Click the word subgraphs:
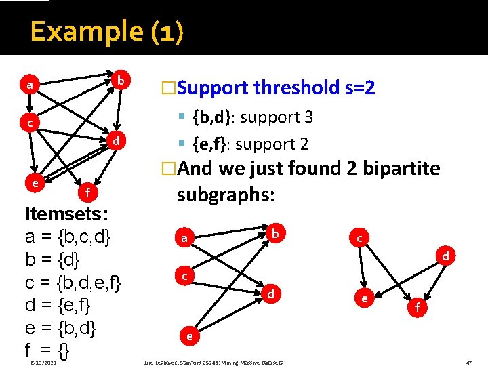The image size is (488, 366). [x=225, y=195]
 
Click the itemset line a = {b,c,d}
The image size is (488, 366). [x=68, y=237]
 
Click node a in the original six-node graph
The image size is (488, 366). [x=28, y=85]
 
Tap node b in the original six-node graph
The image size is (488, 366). [x=121, y=80]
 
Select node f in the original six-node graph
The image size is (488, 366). [x=87, y=194]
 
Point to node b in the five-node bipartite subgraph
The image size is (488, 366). [x=275, y=232]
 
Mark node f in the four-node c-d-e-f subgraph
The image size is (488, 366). [x=418, y=307]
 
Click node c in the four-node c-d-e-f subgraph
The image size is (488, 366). [x=360, y=239]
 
